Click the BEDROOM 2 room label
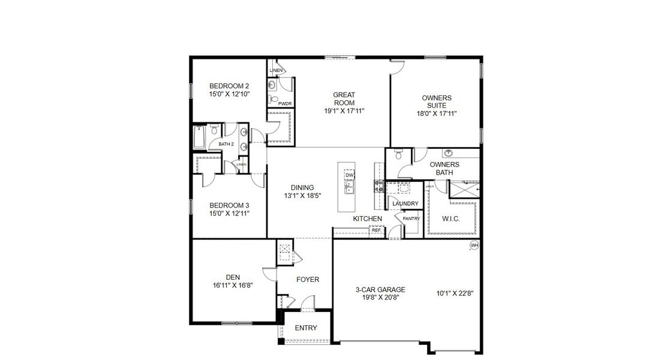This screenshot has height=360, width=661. pyautogui.click(x=229, y=85)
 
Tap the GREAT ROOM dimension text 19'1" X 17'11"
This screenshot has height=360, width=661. pyautogui.click(x=344, y=110)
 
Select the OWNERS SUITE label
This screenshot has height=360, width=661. pyautogui.click(x=437, y=101)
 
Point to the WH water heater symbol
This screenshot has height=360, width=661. pyautogui.click(x=474, y=245)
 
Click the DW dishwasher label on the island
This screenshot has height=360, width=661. pyautogui.click(x=350, y=175)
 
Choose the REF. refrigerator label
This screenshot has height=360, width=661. pyautogui.click(x=376, y=230)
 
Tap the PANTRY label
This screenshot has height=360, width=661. pyautogui.click(x=411, y=218)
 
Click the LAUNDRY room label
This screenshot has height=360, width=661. pyautogui.click(x=405, y=204)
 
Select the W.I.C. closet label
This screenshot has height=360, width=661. pyautogui.click(x=450, y=219)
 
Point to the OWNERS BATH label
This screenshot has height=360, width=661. pyautogui.click(x=444, y=169)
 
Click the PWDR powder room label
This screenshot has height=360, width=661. pyautogui.click(x=285, y=103)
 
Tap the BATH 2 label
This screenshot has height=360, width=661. pyautogui.click(x=226, y=144)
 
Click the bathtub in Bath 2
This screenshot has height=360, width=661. pyautogui.click(x=199, y=138)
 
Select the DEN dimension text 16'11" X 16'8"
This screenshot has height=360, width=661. pyautogui.click(x=233, y=286)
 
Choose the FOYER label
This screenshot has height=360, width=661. pyautogui.click(x=308, y=280)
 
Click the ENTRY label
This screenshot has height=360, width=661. pyautogui.click(x=306, y=328)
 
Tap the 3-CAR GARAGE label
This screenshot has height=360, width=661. pyautogui.click(x=376, y=290)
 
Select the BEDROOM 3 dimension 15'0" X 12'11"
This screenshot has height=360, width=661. pyautogui.click(x=229, y=212)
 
